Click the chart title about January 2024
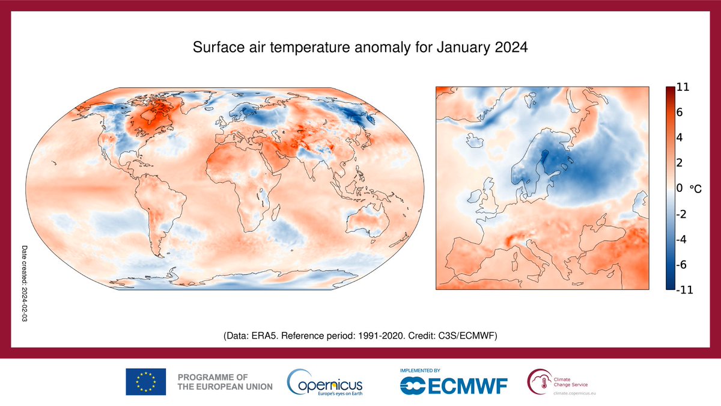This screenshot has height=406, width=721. [x=360, y=48]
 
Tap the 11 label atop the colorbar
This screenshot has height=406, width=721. [x=683, y=87]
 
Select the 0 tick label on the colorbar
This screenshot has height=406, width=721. [x=680, y=188]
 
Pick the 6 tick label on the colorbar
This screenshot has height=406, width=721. [x=680, y=112]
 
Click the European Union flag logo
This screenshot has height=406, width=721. [x=145, y=381]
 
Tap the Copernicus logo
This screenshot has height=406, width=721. [x=325, y=382]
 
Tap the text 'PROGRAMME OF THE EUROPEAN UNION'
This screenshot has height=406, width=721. [x=225, y=381]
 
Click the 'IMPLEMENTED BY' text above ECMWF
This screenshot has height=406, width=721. [x=420, y=371]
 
